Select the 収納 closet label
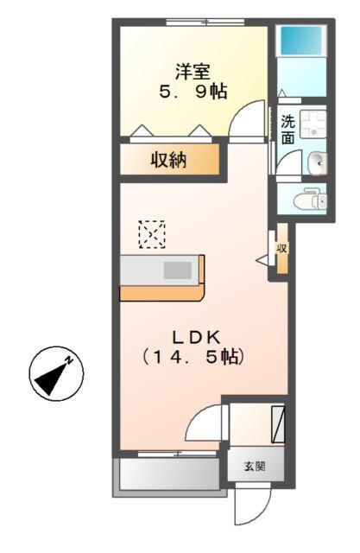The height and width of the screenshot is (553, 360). pyautogui.click(x=170, y=160)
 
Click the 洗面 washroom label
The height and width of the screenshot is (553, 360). pyautogui.click(x=287, y=129)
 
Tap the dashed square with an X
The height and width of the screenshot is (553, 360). pyautogui.click(x=152, y=234)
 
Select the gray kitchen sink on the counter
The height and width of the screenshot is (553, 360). pyautogui.click(x=178, y=270)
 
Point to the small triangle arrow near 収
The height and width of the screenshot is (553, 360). pyautogui.click(x=263, y=258)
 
